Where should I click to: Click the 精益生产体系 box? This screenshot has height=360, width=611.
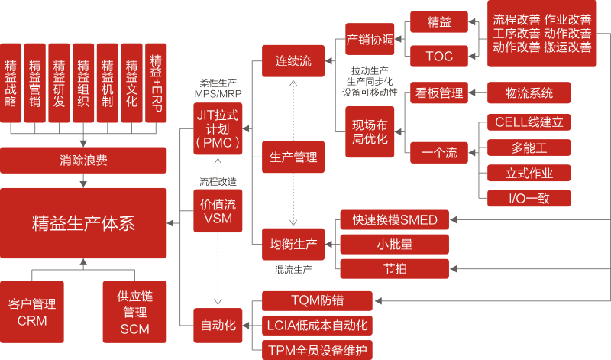[83, 223]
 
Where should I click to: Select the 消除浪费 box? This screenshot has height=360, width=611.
[83, 161]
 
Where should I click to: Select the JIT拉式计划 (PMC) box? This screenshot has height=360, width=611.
[218, 128]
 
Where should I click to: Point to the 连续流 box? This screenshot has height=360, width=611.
[293, 60]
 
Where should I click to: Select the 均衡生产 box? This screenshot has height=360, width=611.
[293, 245]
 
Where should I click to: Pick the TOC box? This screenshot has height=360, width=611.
[439, 56]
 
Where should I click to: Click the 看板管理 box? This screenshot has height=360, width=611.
[439, 93]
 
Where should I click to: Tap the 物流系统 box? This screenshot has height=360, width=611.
[529, 93]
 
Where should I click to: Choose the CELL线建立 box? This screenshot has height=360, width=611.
[529, 122]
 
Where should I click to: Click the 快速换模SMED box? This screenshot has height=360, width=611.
[394, 220]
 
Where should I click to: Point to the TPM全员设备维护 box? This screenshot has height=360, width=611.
[317, 351]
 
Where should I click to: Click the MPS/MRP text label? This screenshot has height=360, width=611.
[218, 92]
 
